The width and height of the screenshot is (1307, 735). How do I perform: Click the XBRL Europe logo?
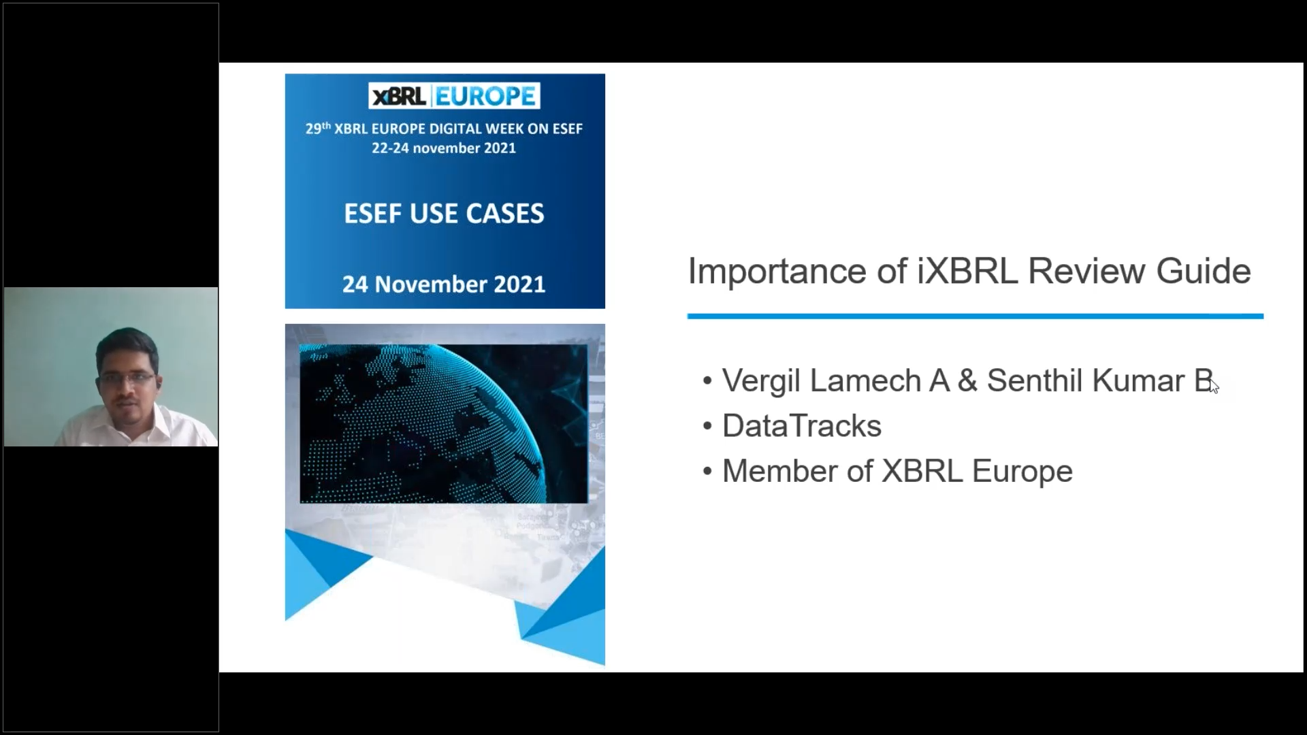click(x=454, y=96)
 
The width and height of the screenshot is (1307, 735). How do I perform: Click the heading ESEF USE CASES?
click(x=444, y=214)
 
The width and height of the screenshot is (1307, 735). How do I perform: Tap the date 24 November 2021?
click(x=444, y=284)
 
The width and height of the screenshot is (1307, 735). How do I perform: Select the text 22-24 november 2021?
click(x=444, y=148)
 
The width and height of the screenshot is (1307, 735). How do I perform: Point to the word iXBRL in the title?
click(x=967, y=271)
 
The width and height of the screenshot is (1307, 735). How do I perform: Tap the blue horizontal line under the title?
click(x=975, y=316)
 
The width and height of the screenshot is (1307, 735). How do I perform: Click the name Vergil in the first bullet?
click(x=761, y=381)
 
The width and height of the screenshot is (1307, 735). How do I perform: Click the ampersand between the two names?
click(x=967, y=381)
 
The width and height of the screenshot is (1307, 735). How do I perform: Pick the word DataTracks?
click(x=802, y=426)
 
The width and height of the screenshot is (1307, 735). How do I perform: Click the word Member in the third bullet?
click(x=780, y=471)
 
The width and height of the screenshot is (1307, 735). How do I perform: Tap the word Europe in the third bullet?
click(x=1022, y=472)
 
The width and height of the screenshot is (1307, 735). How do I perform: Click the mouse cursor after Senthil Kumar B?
click(x=1214, y=386)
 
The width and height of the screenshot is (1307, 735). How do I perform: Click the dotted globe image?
click(x=444, y=423)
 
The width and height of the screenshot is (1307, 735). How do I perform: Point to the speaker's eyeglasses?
click(x=127, y=378)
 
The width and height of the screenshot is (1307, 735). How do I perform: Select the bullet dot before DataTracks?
click(x=707, y=427)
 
